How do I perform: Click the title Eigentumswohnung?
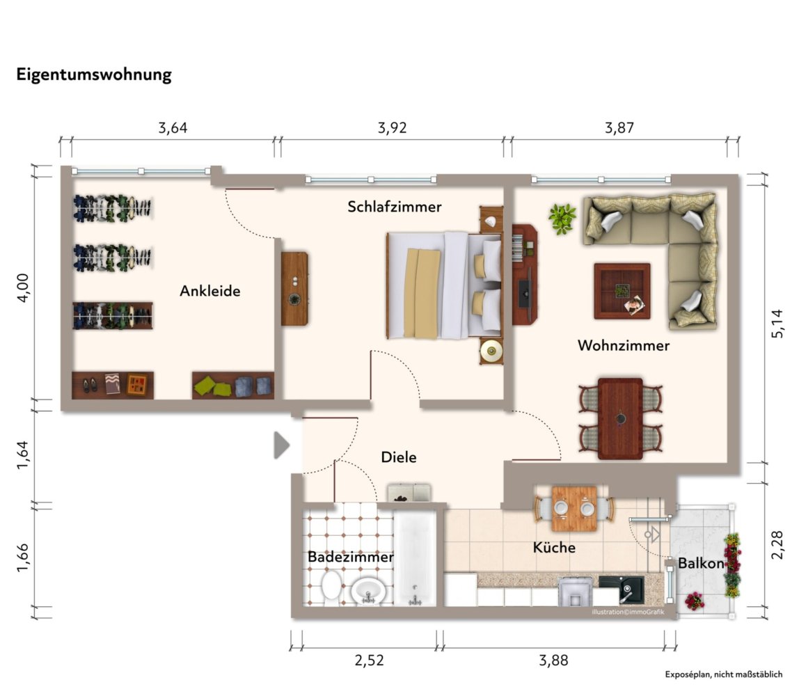coord(94,74)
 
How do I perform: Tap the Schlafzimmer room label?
coord(395,206)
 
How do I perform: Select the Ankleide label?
coord(210,291)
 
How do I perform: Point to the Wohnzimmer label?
coord(623,345)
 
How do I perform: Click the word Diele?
coord(399,457)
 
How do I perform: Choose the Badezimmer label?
coord(351,557)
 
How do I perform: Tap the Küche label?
coord(554,547)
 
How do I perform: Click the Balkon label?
coord(701,563)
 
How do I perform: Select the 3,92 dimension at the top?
coord(392,127)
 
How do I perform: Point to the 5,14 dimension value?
coord(777,324)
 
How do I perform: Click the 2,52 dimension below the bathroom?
coord(369,661)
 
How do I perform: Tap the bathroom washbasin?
coord(367,592)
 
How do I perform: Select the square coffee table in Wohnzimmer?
coord(622,291)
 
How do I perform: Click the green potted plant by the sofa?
coord(562,219)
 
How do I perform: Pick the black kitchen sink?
coord(621,590)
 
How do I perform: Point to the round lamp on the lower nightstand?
coord(491,351)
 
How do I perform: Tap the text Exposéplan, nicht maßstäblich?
coord(724,674)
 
